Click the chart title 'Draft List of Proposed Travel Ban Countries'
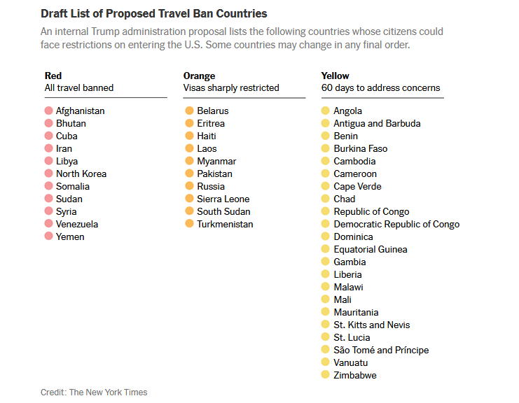(x=153, y=13)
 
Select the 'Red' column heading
(x=53, y=76)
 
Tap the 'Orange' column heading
(x=199, y=76)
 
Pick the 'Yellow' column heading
(x=335, y=76)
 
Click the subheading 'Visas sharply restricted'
(x=231, y=88)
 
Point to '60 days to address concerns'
(x=380, y=88)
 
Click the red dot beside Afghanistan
(x=48, y=111)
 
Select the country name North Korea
(x=81, y=174)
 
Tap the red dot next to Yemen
(x=48, y=236)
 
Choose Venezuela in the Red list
(x=77, y=224)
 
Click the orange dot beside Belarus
(x=189, y=111)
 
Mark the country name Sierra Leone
(x=223, y=199)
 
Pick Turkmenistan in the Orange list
(x=225, y=224)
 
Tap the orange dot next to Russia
(x=189, y=186)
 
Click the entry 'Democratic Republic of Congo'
(x=396, y=224)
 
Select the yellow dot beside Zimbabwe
(x=325, y=375)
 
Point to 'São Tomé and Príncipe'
(x=381, y=350)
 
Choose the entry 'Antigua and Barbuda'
(x=377, y=123)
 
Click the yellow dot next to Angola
(x=325, y=111)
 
